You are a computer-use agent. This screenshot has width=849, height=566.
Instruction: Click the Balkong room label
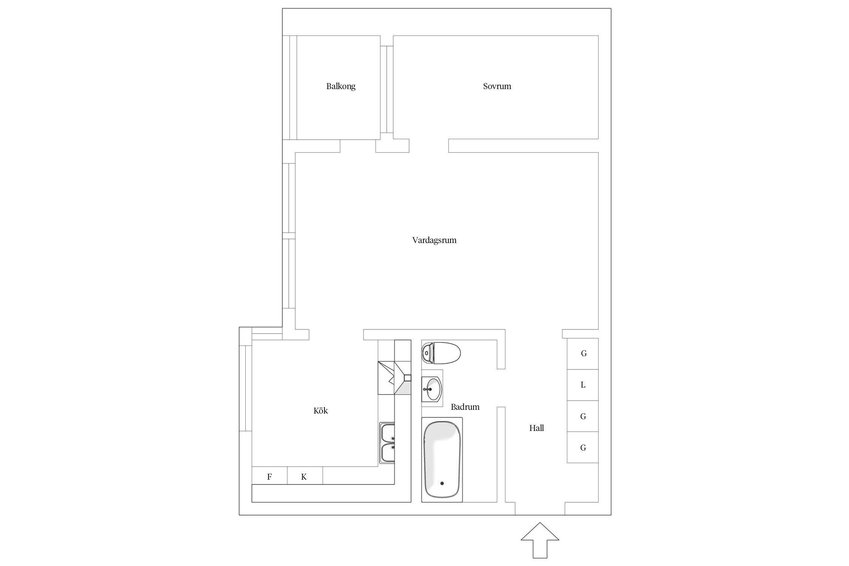coord(341,86)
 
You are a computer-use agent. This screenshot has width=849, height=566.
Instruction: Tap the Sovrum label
coord(497,86)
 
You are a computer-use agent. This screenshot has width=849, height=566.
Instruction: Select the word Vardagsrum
coord(434,240)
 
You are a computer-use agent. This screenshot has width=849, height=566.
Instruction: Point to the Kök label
coord(321,411)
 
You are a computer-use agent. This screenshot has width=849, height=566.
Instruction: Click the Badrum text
coord(465,407)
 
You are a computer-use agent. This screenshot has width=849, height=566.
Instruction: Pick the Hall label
coord(537,428)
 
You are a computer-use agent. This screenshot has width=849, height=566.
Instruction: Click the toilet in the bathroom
coord(441,353)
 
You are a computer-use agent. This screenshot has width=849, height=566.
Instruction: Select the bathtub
coord(442,460)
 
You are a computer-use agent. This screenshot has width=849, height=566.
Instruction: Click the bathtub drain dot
coord(442,483)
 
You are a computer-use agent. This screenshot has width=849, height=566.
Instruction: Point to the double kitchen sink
coord(387,443)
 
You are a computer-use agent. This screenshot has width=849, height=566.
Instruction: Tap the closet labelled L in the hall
coord(583,385)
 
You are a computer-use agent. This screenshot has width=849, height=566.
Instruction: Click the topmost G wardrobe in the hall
coord(583,354)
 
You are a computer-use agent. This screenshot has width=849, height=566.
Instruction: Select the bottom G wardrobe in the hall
coord(583,448)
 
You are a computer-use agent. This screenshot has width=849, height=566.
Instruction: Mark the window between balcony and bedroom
coord(387,89)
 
